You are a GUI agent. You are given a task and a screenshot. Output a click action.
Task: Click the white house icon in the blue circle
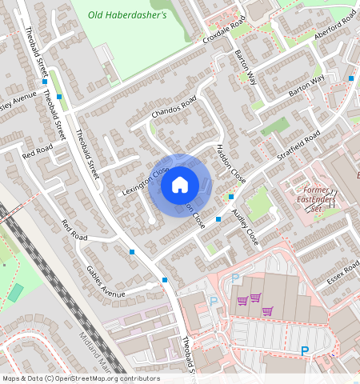click(x=180, y=185)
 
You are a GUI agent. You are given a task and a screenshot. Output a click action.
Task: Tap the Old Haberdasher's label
click(x=127, y=14)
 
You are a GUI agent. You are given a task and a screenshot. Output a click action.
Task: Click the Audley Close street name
click(x=245, y=226)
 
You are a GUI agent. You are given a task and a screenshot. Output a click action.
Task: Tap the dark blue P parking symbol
click(x=305, y=350)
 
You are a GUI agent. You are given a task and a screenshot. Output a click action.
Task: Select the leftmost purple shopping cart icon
click(x=242, y=301)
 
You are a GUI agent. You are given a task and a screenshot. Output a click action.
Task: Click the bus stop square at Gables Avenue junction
click(x=165, y=279)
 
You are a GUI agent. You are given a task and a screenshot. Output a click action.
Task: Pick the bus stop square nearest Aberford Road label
click(x=351, y=78)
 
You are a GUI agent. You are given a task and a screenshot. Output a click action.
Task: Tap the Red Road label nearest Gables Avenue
click(x=74, y=232)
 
